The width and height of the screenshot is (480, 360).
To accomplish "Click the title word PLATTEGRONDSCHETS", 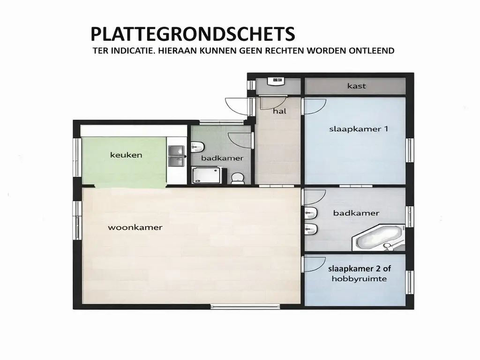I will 193,35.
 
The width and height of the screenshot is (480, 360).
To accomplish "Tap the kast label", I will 357,86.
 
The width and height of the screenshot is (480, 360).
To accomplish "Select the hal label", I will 280,112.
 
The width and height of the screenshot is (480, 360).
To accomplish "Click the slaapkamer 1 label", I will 359,129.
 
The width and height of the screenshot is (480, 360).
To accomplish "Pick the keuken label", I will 126,155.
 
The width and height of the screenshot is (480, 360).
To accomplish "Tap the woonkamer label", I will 135,227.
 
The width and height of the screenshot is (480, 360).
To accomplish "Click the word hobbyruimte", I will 359,278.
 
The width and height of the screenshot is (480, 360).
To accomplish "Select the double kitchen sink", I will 177,156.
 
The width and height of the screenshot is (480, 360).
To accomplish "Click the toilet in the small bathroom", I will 238,178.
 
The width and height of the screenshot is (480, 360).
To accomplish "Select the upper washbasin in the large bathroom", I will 311,214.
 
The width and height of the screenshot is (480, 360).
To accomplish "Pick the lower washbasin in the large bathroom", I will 311,230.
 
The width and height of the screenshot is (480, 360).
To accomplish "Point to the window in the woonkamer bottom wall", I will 233,307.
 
